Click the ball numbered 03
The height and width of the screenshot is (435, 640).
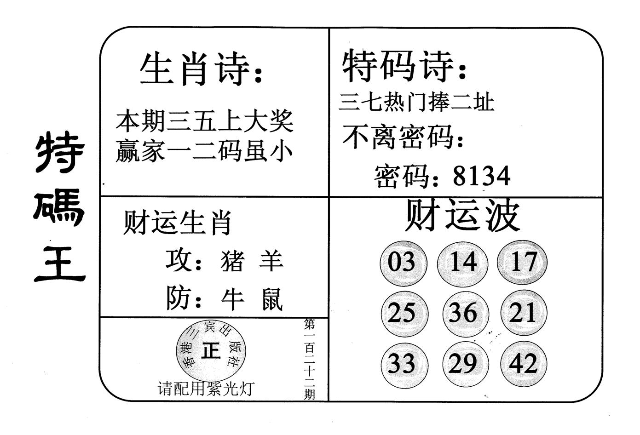403,263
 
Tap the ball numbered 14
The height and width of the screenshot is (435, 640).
462,263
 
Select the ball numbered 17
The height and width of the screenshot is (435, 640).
523,263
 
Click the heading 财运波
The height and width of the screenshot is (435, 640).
462,215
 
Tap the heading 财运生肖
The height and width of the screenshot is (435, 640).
177,223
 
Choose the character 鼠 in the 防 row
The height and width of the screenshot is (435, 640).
272,300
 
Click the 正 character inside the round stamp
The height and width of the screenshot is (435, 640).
211,352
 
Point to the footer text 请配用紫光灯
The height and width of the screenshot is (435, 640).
206,389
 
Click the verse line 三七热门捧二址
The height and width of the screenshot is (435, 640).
416,102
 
